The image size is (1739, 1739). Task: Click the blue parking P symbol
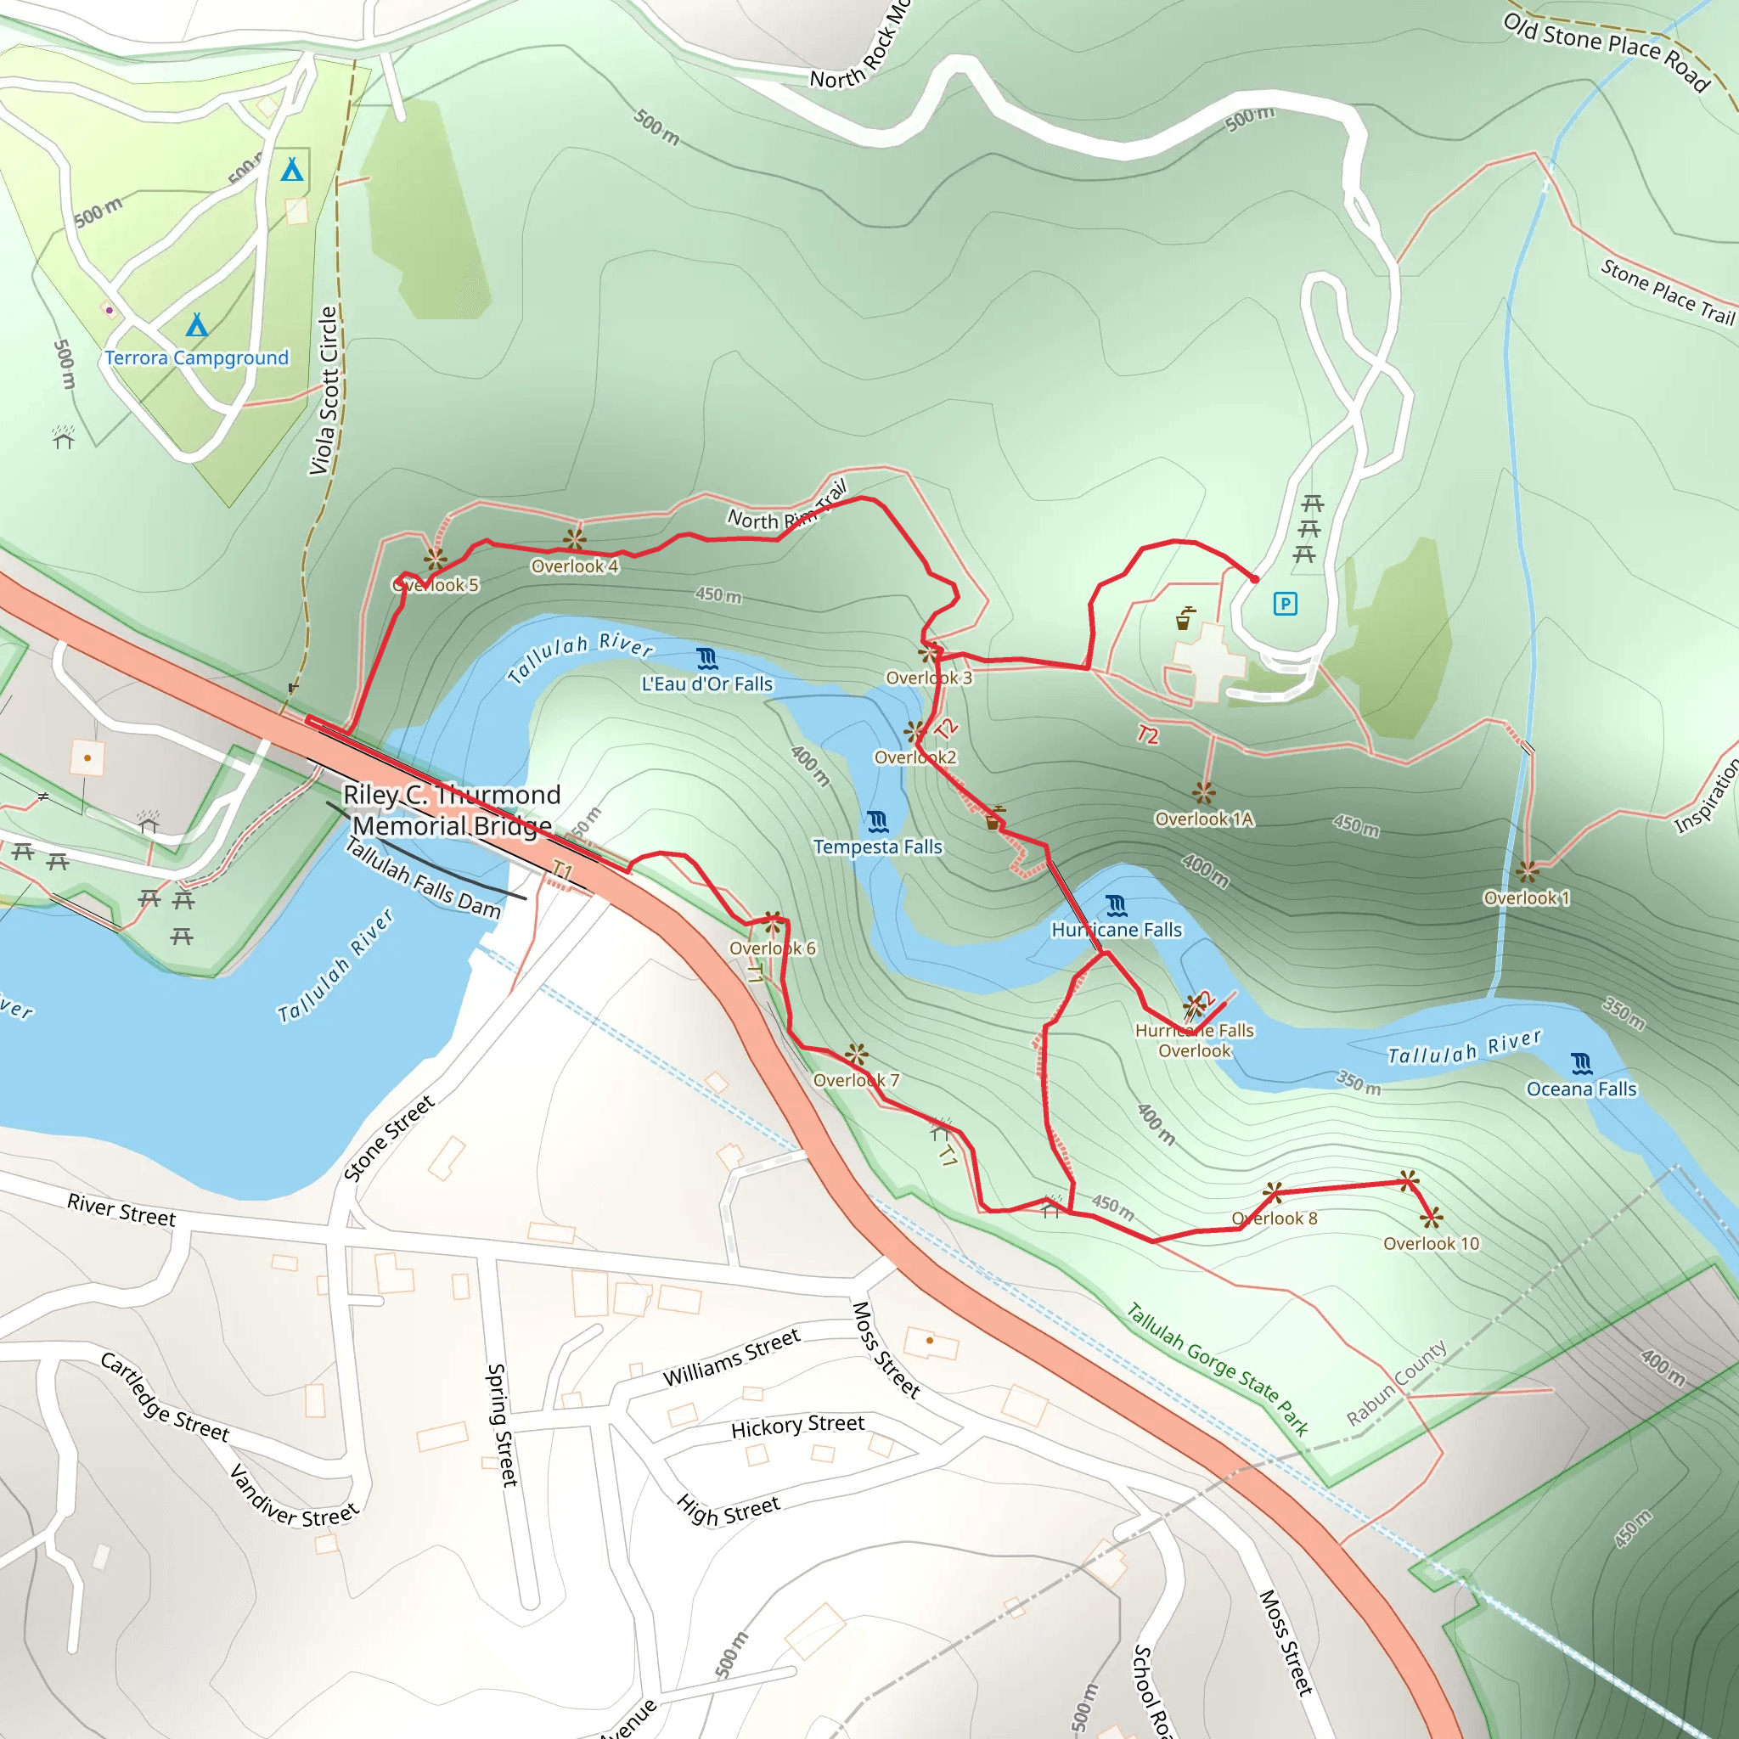[1286, 604]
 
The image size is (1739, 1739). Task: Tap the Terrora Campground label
[196, 358]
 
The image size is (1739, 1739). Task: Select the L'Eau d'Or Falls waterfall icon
[707, 659]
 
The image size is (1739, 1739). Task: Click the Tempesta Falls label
[878, 847]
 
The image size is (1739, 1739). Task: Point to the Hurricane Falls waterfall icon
[1116, 904]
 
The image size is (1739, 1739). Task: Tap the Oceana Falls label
[1581, 1089]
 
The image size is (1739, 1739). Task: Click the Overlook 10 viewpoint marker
[1431, 1218]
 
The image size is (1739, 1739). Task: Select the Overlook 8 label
[1275, 1218]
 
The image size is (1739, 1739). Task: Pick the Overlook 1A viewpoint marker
[1203, 793]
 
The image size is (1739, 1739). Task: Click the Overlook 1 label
[1527, 898]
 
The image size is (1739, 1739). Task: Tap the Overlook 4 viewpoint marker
[574, 540]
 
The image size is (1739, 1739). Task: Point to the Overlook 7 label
[856, 1080]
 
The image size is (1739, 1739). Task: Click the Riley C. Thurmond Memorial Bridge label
[452, 810]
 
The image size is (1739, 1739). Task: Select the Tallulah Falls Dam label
[423, 878]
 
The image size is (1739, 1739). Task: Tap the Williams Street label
[731, 1358]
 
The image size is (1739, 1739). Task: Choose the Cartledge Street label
[164, 1398]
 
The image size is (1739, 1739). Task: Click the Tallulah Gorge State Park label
[1218, 1368]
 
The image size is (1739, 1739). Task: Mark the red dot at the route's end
[1255, 579]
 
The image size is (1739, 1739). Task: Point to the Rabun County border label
[1397, 1382]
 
